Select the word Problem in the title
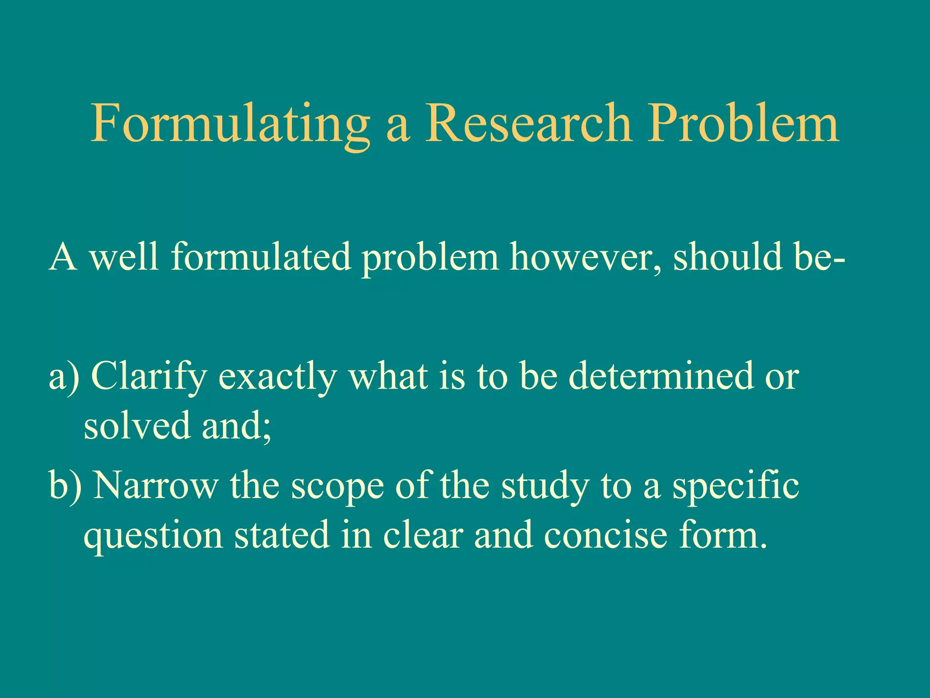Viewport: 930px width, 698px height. (743, 124)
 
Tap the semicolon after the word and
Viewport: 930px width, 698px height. (267, 429)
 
